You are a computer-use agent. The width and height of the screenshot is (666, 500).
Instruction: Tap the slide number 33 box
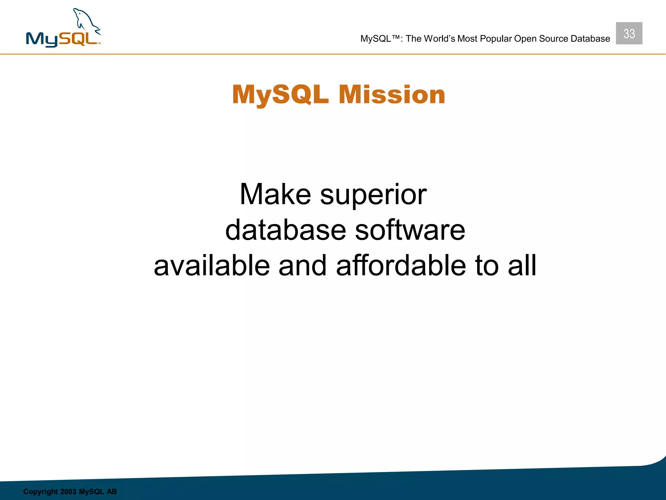[629, 33]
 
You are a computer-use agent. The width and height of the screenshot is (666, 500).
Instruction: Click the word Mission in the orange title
[392, 95]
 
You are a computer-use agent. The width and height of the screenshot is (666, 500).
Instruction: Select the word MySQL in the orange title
[280, 95]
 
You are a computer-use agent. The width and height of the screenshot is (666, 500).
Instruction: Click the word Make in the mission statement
[275, 194]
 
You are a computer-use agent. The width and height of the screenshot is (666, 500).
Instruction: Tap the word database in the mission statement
[286, 230]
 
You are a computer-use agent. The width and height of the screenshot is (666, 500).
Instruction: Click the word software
[410, 230]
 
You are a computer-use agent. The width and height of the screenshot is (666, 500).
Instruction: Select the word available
[212, 266]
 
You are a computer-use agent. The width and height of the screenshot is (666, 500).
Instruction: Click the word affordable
[401, 266]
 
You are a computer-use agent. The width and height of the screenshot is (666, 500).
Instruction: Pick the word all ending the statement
[522, 266]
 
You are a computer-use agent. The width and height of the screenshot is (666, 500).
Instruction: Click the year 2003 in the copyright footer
[68, 492]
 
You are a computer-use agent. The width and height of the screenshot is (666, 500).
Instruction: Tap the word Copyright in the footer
[40, 492]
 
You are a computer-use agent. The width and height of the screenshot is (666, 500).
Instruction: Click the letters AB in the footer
[112, 492]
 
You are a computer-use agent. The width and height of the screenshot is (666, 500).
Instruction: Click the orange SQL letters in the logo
[78, 39]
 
